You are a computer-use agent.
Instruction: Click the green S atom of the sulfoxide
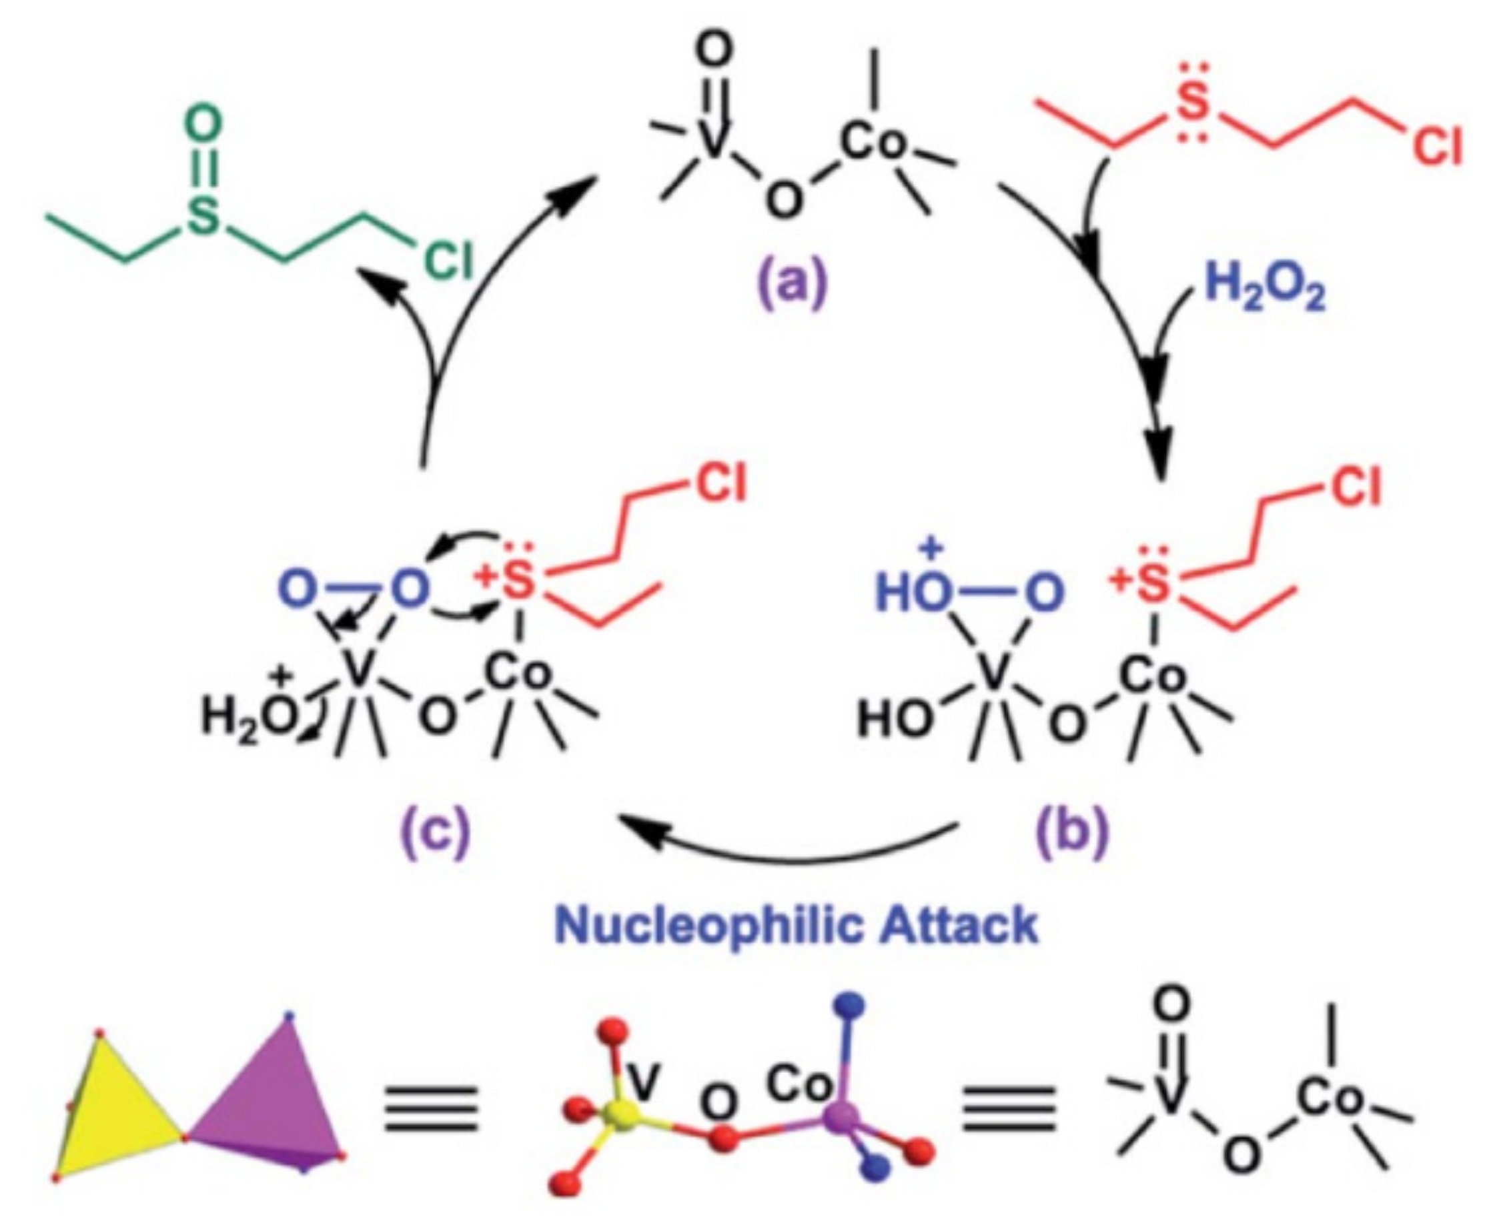pos(203,219)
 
